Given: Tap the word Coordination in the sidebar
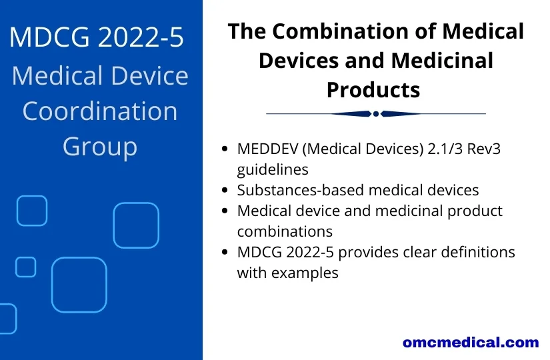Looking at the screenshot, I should coord(100,111).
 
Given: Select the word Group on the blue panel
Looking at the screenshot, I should coord(100,146).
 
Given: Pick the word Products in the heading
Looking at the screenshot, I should coord(373,89).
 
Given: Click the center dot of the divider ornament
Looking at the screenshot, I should coord(376,114).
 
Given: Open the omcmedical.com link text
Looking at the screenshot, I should coord(470,343).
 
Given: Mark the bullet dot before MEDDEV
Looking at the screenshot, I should coord(225,149).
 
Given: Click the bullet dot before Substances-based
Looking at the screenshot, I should coord(225,190).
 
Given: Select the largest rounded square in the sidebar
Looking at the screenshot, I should coord(79,284).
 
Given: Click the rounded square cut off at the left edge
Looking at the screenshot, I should coord(7,319).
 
